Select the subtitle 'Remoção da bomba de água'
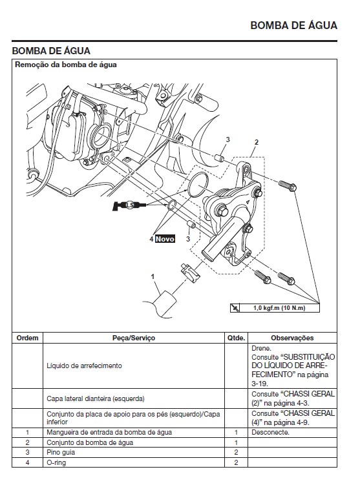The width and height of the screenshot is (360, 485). coord(66,65)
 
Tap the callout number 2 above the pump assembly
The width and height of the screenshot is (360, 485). coord(256,142)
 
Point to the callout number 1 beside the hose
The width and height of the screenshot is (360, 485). coord(153,276)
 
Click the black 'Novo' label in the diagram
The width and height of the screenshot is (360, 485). coord(165,239)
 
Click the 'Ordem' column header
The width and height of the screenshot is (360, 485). coord(27,337)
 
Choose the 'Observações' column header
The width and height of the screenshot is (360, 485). coord(292,337)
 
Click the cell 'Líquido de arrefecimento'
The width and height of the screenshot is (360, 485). coord(84,366)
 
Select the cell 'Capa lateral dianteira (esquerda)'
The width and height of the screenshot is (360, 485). coord(96,398)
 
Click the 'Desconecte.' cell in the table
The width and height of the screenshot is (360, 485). coord(270,431)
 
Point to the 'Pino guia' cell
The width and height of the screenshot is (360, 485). coord(61,452)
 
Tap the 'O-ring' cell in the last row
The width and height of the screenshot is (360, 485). coord(56,462)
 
